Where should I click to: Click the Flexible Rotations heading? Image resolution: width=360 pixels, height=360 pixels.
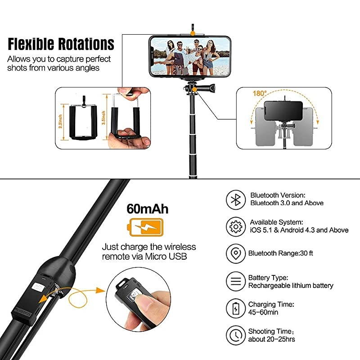coord(61,44)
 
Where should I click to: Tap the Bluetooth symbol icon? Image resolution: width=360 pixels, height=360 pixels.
coord(236,199)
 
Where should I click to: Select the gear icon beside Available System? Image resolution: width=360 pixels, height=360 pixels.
coord(236,227)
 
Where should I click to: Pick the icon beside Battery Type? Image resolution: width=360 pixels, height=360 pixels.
coord(236,282)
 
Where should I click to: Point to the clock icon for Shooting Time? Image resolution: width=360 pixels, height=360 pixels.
coord(236,336)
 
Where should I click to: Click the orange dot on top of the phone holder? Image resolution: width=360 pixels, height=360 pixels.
coord(192,32)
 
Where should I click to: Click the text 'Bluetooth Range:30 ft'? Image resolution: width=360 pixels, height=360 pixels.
coord(281,253)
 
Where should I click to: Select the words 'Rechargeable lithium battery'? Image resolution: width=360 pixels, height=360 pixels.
coord(291,286)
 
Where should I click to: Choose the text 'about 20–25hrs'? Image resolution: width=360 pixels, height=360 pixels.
coord(272,339)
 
